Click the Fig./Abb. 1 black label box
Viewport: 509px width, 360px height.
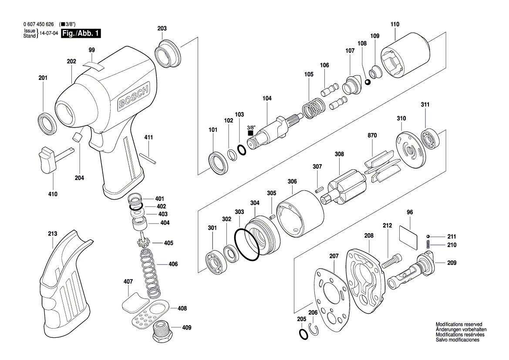pyautogui.click(x=81, y=34)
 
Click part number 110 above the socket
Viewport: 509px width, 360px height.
pyautogui.click(x=394, y=24)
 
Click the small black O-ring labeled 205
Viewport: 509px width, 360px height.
pyautogui.click(x=303, y=334)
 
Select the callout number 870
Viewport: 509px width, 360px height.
pyautogui.click(x=372, y=136)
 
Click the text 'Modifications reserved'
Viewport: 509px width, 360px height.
pyautogui.click(x=458, y=325)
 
